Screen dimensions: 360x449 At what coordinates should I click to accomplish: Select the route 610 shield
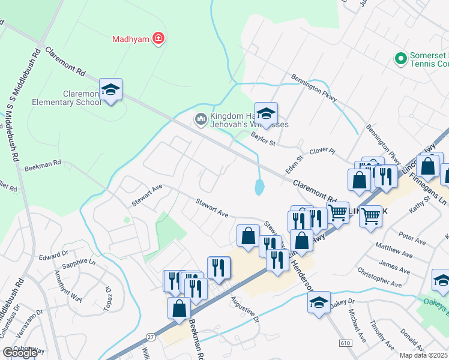coord(344,342)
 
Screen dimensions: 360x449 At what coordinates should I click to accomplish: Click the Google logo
coord(20,353)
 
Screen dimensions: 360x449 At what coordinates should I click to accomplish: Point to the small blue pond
coord(259,188)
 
